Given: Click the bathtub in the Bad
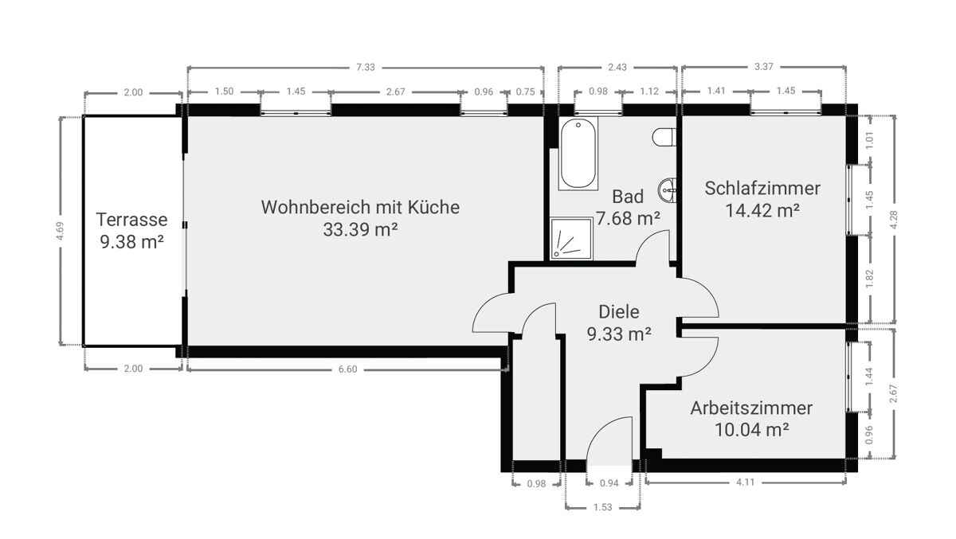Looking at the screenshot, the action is point(578,154).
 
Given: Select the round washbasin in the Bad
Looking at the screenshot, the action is point(668,190).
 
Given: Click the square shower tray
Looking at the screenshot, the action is point(571,238).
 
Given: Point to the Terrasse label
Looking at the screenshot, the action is point(131,220).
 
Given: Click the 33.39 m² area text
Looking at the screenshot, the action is point(360,229).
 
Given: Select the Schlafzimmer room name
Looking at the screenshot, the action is point(762,189).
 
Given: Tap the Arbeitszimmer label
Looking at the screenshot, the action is point(751,408).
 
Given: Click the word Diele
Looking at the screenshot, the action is point(619,312).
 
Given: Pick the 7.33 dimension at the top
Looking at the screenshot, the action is point(366,68).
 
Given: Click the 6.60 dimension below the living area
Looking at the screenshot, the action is point(348,369).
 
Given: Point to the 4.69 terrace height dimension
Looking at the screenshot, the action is point(60,231).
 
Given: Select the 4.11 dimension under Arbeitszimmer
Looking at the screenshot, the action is point(745,482).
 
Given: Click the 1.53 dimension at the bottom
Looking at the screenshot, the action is point(602,507).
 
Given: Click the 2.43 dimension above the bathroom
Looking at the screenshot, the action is point(617,67).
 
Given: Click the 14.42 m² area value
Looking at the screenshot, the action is point(762,211).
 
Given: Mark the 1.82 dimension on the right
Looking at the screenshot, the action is point(870,279).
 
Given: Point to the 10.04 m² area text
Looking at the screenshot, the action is point(751,430).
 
